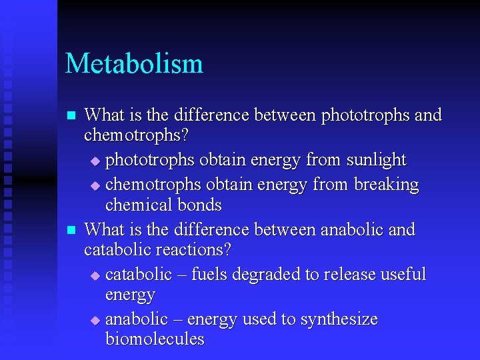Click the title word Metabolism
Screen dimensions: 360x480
click(134, 64)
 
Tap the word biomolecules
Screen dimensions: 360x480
click(155, 339)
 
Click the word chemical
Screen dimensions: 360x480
click(136, 205)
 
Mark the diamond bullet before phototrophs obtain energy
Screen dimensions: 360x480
click(94, 161)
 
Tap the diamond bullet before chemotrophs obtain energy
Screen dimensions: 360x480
click(94, 185)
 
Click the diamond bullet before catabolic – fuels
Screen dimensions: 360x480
click(94, 275)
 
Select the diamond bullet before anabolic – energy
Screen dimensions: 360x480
click(94, 321)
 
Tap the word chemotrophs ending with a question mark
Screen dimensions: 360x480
click(136, 135)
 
